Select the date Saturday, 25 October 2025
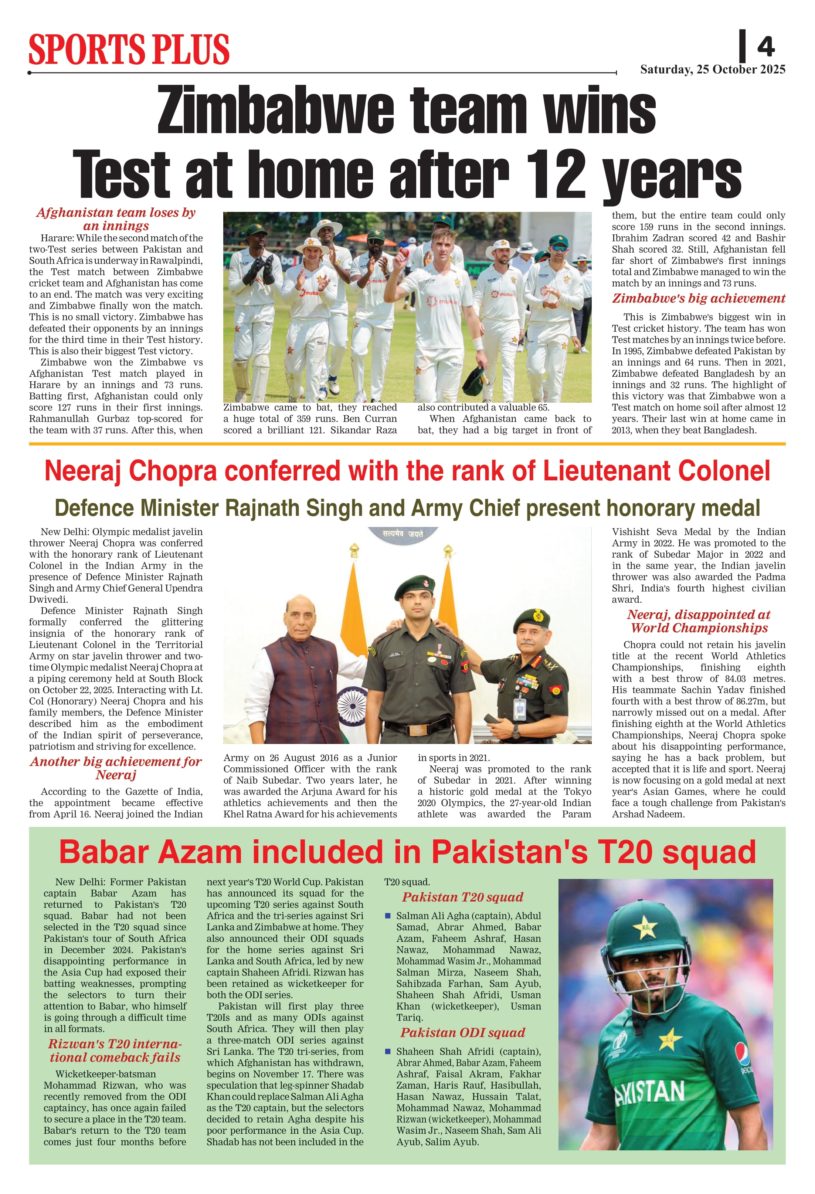click(x=712, y=70)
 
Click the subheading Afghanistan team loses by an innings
click(x=116, y=219)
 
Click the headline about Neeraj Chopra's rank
click(x=407, y=471)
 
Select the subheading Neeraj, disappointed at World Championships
click(x=699, y=621)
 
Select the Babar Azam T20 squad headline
click(x=407, y=852)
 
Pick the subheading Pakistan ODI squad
click(x=463, y=1033)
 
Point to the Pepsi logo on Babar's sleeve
click(x=742, y=1052)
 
